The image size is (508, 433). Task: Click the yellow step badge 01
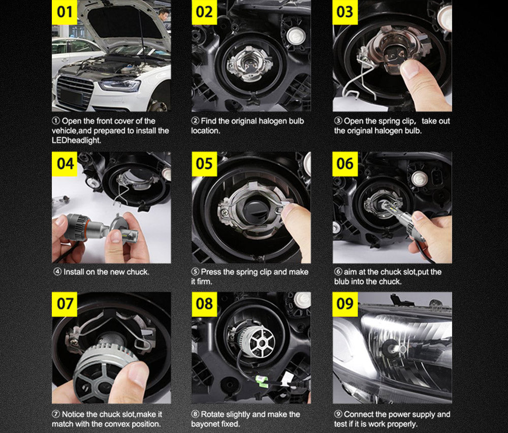pos(65,12)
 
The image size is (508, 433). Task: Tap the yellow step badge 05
pos(204,164)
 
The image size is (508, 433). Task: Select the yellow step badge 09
pos(345,304)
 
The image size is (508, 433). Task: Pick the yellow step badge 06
pos(345,164)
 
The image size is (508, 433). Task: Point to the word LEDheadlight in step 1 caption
pos(77,140)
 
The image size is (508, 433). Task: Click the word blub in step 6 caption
pos(341,282)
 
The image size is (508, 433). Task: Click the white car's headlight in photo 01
pos(120,85)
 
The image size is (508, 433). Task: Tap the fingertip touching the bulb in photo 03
pos(410,69)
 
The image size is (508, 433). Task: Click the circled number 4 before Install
pos(57,271)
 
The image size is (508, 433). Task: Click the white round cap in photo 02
pos(295,35)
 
